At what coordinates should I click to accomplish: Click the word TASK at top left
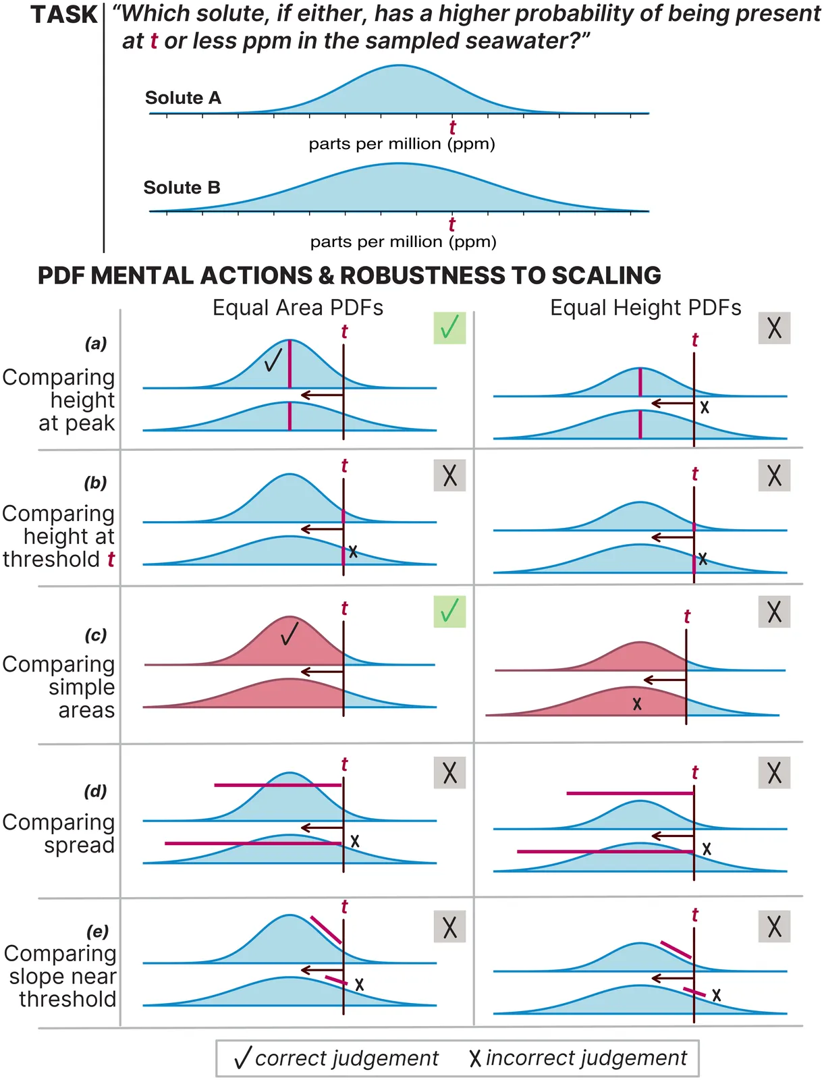coord(65,15)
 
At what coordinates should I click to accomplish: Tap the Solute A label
coord(183,98)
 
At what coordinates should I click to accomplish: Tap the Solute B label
coord(182,188)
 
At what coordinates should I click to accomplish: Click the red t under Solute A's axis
coord(452,127)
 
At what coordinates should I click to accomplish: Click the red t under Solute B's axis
coord(451,224)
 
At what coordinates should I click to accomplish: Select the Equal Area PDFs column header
coord(298,308)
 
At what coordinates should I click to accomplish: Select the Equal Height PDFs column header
coord(645,308)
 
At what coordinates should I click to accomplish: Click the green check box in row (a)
coord(449,328)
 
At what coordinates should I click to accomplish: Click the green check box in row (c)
coord(449,612)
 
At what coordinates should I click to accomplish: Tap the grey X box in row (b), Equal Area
coord(449,475)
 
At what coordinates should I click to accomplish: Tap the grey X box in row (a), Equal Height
coord(774,328)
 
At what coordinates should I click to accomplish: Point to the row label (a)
coord(96,344)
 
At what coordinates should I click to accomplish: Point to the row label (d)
coord(95,791)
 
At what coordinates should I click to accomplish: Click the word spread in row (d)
coord(80,845)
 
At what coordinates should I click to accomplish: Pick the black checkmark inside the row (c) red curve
coord(290,634)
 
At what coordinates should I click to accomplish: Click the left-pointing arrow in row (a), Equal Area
coord(321,395)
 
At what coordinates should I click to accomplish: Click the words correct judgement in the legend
coord(347,1058)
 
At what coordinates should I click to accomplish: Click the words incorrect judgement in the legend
coord(586,1058)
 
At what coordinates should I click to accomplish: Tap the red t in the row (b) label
coord(111,560)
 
